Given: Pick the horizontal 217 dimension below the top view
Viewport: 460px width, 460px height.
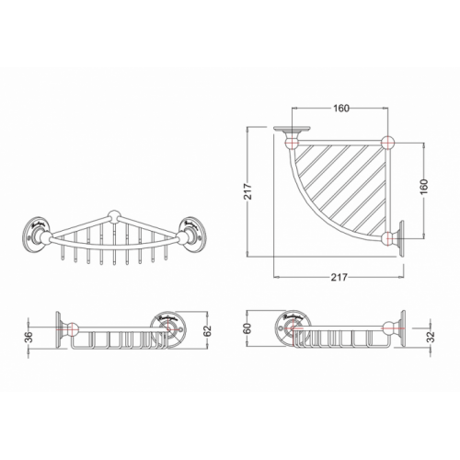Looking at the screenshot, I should point(337,279).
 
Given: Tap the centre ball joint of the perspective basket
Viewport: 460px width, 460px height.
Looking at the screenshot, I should point(112,218).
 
